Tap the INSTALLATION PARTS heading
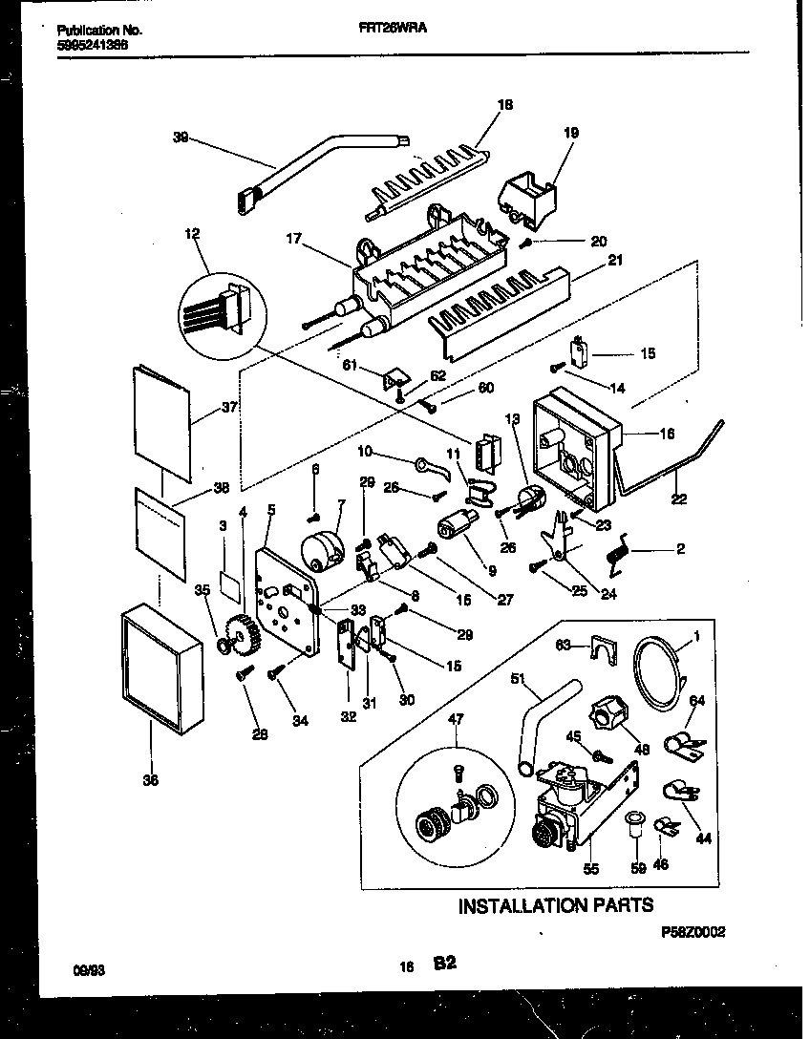[556, 905]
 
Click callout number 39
[181, 138]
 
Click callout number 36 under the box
[150, 780]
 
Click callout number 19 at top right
[571, 134]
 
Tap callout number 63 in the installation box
[565, 646]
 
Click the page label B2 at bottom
[443, 965]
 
